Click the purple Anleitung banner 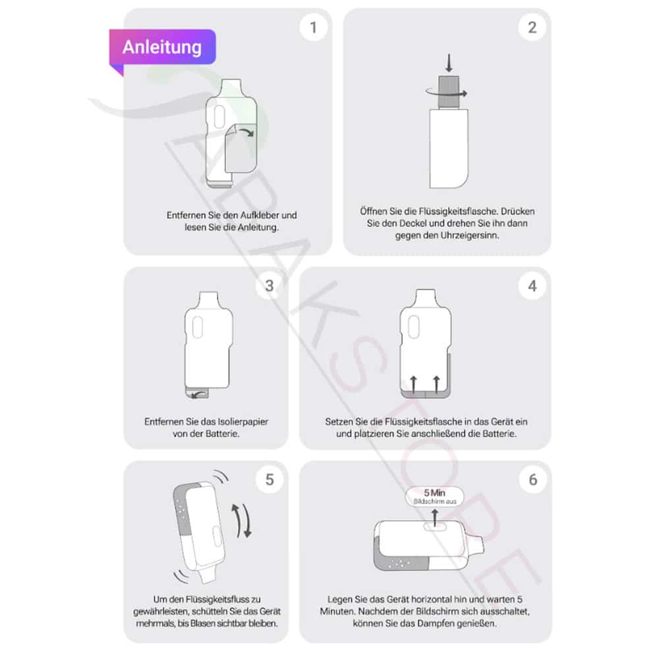[x=163, y=47]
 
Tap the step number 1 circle [x=313, y=27]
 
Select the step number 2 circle [x=532, y=27]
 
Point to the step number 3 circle [x=270, y=286]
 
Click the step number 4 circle [x=532, y=286]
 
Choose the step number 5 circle [x=270, y=479]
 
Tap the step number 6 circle [x=532, y=479]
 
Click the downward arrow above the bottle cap [x=449, y=63]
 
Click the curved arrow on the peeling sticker [x=246, y=132]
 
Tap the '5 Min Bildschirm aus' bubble [x=434, y=496]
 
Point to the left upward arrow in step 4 [x=414, y=385]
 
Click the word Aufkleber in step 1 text [x=260, y=215]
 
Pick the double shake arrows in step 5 [x=242, y=521]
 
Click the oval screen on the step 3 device [x=198, y=328]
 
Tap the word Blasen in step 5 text [x=204, y=623]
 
